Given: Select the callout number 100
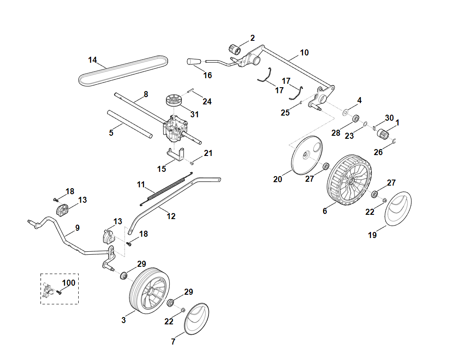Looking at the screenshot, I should pyautogui.click(x=69, y=283).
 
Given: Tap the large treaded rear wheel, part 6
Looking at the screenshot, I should pyautogui.click(x=349, y=182).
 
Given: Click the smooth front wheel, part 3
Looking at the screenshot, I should pyautogui.click(x=150, y=289).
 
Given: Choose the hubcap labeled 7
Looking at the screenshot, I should pyautogui.click(x=197, y=318).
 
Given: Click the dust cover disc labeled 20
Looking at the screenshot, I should pyautogui.click(x=306, y=155).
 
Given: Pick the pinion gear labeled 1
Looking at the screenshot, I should pyautogui.click(x=383, y=134).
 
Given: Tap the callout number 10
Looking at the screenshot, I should pyautogui.click(x=304, y=53).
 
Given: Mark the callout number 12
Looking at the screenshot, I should pyautogui.click(x=171, y=216).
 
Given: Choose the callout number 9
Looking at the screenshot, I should pyautogui.click(x=77, y=228).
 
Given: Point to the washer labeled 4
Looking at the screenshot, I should pyautogui.click(x=345, y=112).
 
